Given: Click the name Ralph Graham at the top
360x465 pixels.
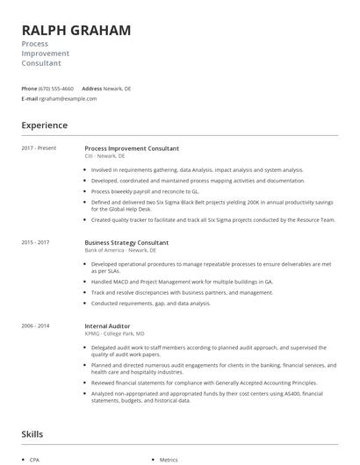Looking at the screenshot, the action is click(x=76, y=30).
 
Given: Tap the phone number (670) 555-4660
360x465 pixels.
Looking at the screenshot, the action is click(x=56, y=89).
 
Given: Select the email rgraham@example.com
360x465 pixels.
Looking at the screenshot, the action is click(x=68, y=99).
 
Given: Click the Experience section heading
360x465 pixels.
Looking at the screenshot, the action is click(x=44, y=125).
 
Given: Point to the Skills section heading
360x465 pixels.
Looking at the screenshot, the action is click(x=34, y=433).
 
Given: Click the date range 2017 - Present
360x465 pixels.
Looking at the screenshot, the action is click(x=39, y=148).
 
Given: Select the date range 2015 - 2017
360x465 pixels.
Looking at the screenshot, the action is click(x=35, y=242).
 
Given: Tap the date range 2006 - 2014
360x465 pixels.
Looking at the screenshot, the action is click(x=35, y=325).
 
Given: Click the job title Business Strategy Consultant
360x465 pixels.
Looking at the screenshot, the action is click(x=126, y=242).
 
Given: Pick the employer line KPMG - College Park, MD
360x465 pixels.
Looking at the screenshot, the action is click(x=115, y=333).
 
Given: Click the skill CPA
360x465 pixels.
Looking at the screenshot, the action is click(x=34, y=460).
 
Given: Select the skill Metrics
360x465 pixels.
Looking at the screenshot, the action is click(x=169, y=460).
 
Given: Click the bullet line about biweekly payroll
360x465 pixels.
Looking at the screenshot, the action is click(x=145, y=190).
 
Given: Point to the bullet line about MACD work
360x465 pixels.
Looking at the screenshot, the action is click(x=182, y=282).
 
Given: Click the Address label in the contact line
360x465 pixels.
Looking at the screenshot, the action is click(x=91, y=89).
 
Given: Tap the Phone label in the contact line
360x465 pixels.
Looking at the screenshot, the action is click(x=29, y=89).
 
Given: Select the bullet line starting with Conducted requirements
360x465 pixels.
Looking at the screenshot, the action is click(x=150, y=303).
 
